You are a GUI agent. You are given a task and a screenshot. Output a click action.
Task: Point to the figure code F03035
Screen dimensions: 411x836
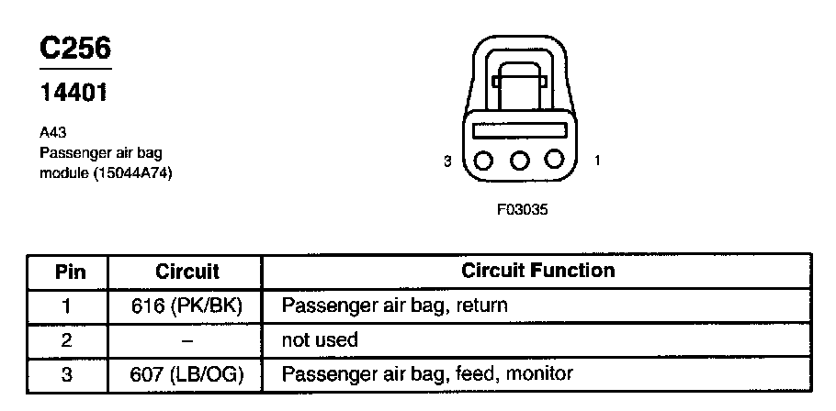click(x=522, y=209)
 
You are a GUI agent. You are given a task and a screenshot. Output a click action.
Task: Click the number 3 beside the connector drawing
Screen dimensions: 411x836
click(x=447, y=161)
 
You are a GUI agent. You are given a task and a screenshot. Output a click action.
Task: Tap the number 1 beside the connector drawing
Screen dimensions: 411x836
click(x=598, y=161)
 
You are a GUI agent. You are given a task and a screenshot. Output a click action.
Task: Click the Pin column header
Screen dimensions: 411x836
click(x=70, y=272)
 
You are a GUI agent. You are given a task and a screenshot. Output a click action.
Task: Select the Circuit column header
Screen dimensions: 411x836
click(x=186, y=272)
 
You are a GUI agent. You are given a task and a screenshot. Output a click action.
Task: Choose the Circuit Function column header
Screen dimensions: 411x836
click(x=537, y=271)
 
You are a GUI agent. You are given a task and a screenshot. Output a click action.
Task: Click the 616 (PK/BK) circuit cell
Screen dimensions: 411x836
click(x=186, y=305)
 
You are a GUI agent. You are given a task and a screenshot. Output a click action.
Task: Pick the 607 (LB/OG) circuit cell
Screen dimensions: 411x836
click(x=186, y=373)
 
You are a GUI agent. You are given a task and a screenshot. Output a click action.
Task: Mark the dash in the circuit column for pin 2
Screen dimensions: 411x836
click(x=186, y=339)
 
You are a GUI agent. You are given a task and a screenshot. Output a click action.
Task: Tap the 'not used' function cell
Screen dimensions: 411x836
click(x=319, y=339)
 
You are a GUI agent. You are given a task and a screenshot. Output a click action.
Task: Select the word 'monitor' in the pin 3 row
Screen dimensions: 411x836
click(x=542, y=373)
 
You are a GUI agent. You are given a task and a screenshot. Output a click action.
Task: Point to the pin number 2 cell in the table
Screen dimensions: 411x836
click(x=68, y=339)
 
